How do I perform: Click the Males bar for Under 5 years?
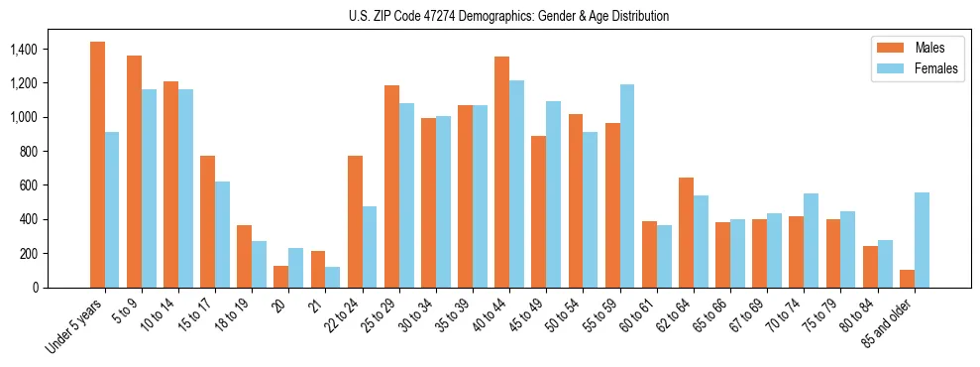pos(97,165)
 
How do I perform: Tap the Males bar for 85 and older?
pos(907,279)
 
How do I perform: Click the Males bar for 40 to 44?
pos(501,172)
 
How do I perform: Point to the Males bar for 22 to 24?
pos(355,221)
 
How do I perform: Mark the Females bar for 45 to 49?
pos(553,194)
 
